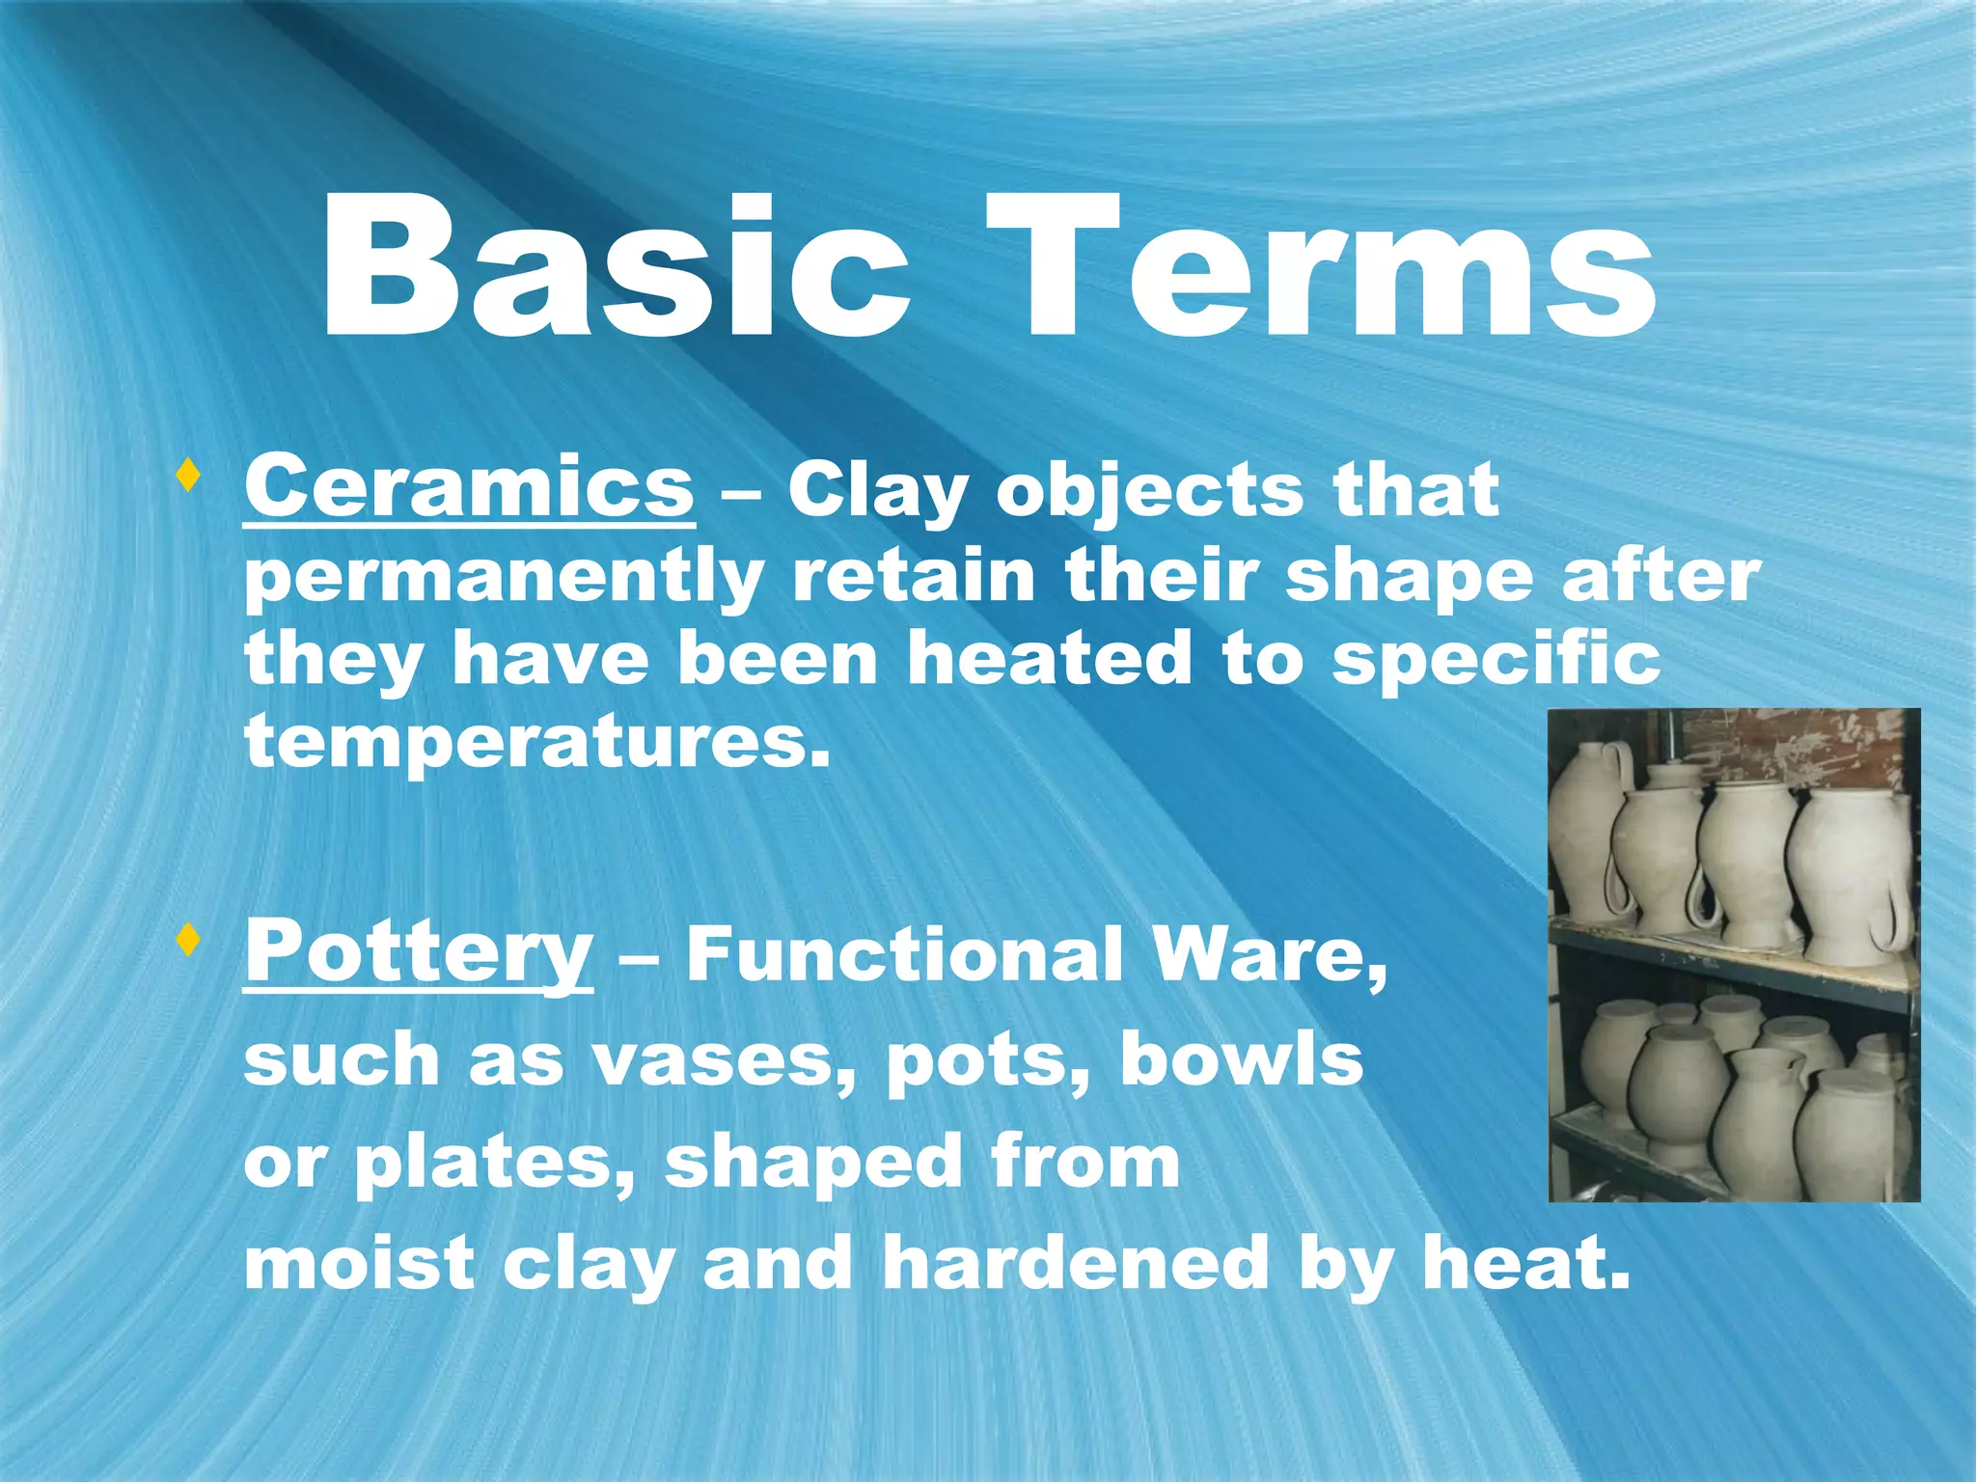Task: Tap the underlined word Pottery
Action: [418, 950]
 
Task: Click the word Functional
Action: [904, 954]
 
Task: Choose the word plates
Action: [491, 1163]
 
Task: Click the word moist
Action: [359, 1264]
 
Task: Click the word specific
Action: [1496, 661]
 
